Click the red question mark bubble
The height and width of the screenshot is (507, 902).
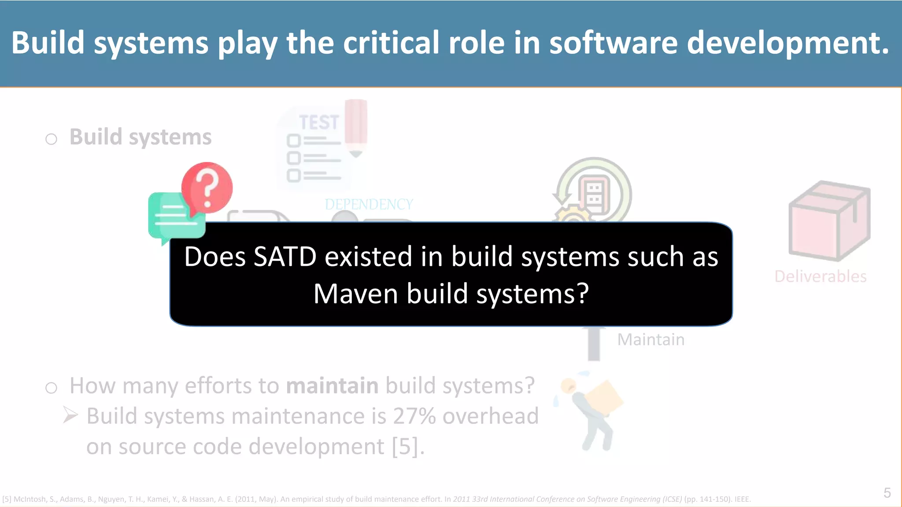pyautogui.click(x=207, y=187)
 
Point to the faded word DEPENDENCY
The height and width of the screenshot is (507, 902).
pyautogui.click(x=369, y=204)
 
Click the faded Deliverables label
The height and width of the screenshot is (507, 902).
pyautogui.click(x=820, y=276)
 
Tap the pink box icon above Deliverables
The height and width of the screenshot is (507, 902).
pyautogui.click(x=829, y=220)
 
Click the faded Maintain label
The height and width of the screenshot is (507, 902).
pyautogui.click(x=651, y=340)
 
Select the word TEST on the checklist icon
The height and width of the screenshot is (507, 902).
pyautogui.click(x=319, y=122)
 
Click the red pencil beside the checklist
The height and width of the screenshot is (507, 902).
pyautogui.click(x=356, y=125)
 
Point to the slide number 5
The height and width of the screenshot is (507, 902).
pyautogui.click(x=887, y=493)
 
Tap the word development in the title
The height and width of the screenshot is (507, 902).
pyautogui.click(x=787, y=43)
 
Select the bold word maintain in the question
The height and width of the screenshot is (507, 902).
pyautogui.click(x=332, y=386)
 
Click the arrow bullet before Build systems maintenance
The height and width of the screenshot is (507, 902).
pyautogui.click(x=70, y=415)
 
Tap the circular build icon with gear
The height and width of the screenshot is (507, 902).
pyautogui.click(x=592, y=191)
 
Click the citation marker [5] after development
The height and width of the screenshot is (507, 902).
pyautogui.click(x=407, y=447)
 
